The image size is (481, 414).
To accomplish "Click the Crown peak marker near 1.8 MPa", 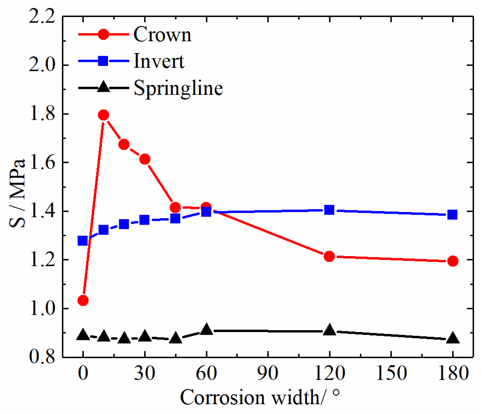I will pyautogui.click(x=104, y=115).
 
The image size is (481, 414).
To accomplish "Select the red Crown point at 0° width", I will pyautogui.click(x=83, y=300).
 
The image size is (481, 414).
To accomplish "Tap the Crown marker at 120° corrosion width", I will pyautogui.click(x=329, y=256).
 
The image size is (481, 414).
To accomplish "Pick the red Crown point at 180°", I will pyautogui.click(x=452, y=261).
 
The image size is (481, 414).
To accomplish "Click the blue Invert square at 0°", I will pyautogui.click(x=83, y=241).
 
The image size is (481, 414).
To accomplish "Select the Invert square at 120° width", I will pyautogui.click(x=329, y=210).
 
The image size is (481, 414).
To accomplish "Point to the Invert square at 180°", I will pyautogui.click(x=452, y=215).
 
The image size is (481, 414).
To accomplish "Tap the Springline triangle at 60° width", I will pyautogui.click(x=206, y=329).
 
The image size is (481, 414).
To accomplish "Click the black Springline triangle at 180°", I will pyautogui.click(x=452, y=338).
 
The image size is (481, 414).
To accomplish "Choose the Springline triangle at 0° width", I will pyautogui.click(x=83, y=335).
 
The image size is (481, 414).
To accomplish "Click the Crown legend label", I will pyautogui.click(x=162, y=34).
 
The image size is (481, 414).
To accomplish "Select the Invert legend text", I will pyautogui.click(x=159, y=61).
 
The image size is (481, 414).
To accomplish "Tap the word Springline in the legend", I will pyautogui.click(x=178, y=88).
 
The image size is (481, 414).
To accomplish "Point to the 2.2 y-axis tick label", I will pyautogui.click(x=42, y=16).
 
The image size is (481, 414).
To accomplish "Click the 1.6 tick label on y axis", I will pyautogui.click(x=42, y=163).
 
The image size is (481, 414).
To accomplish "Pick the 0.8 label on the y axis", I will pyautogui.click(x=42, y=357).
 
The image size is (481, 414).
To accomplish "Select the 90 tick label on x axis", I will pyautogui.click(x=268, y=373).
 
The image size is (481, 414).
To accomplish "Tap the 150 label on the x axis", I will pyautogui.click(x=391, y=373).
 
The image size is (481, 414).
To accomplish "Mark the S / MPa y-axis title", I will pyautogui.click(x=17, y=193).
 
